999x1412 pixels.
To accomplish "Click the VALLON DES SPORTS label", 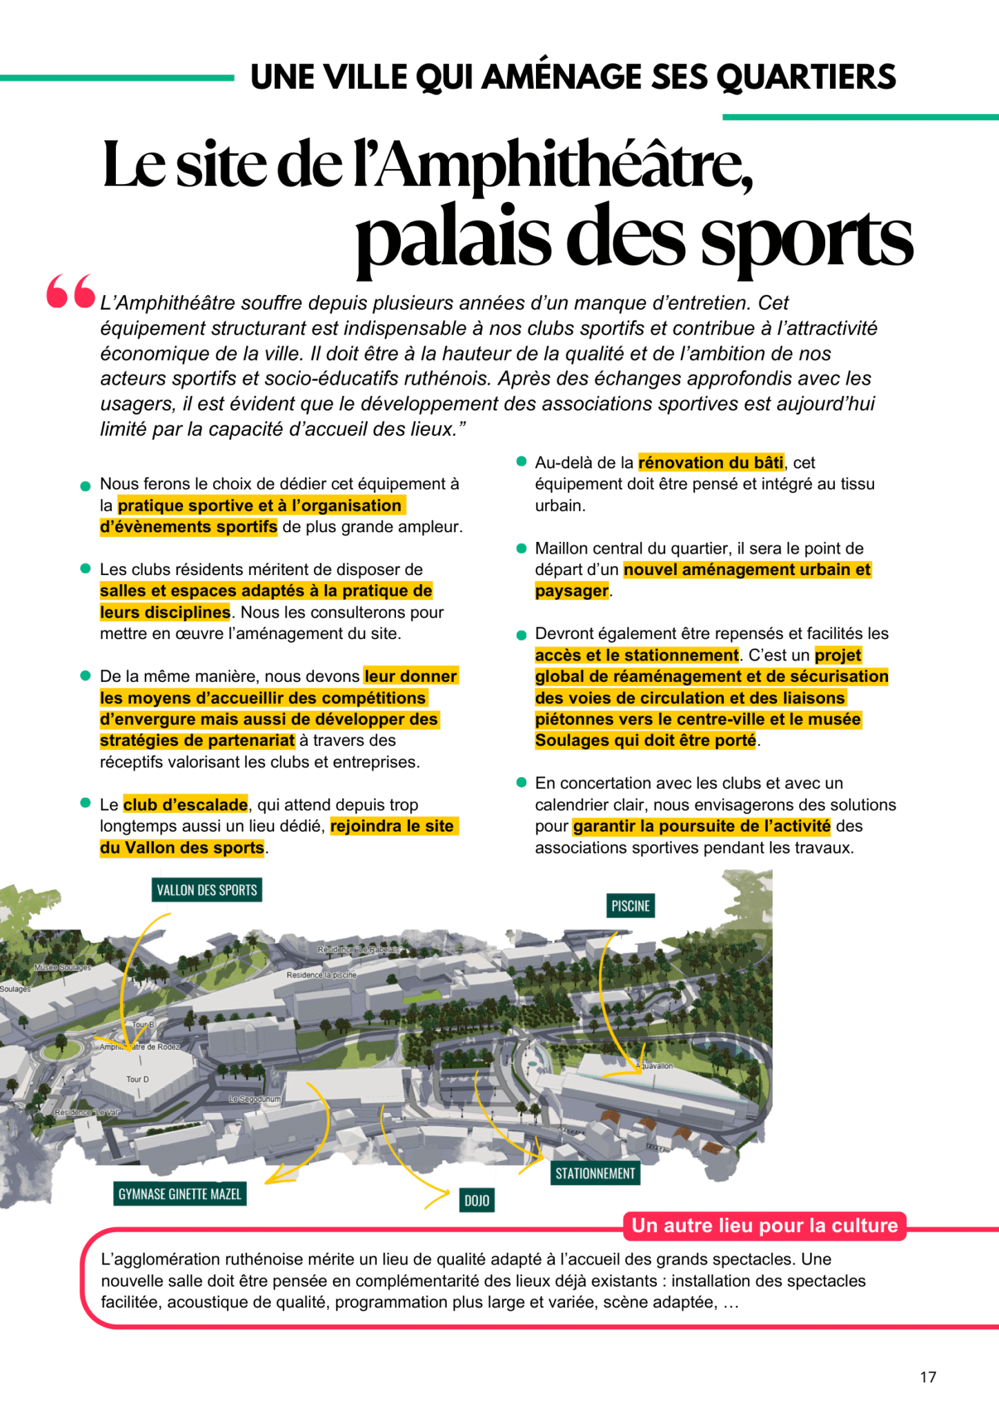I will point(206,889).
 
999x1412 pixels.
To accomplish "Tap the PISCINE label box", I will point(631,905).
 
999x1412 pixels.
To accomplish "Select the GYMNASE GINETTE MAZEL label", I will point(179,1193).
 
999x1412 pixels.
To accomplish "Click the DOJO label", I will point(477,1200).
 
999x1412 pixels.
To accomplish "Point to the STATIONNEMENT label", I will point(595,1173).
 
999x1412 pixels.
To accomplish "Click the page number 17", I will point(928,1377).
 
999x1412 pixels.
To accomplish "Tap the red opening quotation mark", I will point(70,292).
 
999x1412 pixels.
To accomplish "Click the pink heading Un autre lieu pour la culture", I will point(764,1225).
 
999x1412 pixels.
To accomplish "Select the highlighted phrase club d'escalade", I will point(186,805).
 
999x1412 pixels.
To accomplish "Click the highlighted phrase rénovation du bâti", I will point(711,462).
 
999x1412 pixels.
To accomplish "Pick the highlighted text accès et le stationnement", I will point(636,655).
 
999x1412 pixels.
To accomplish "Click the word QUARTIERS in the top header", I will point(806,77).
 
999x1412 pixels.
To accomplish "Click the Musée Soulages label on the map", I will point(63,967).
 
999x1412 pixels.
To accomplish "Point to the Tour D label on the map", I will point(137,1079).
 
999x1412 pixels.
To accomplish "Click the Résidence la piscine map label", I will point(322,975).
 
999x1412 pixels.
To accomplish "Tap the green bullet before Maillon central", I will point(522,549).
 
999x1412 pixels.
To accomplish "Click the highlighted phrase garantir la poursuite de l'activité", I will point(701,826).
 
